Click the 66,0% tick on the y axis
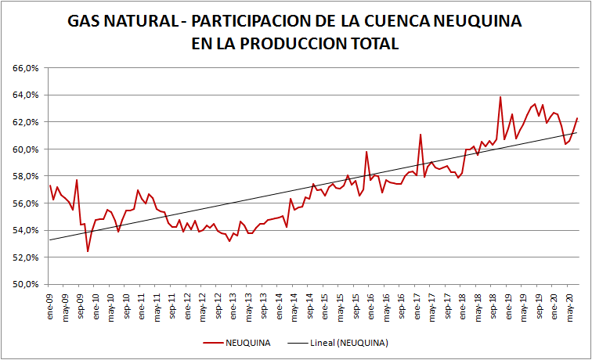(x=26, y=68)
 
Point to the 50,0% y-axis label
(x=26, y=284)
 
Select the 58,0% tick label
(x=26, y=176)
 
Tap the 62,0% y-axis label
(x=26, y=122)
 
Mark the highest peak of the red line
(x=500, y=97)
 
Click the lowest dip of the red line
(x=88, y=251)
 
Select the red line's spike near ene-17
(x=421, y=135)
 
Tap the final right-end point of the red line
(x=577, y=118)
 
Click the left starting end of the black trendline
(x=49, y=239)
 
